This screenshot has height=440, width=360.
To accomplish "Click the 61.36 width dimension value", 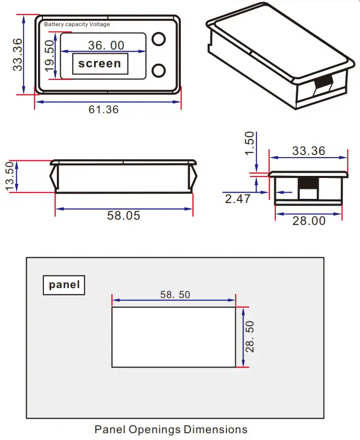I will tap(103, 110).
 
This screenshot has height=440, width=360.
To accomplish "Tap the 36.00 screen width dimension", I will tap(106, 45).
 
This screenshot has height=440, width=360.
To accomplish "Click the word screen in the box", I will tap(99, 64).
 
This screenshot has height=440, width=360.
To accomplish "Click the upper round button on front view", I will tap(159, 39).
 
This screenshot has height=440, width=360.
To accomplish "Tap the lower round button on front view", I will tap(159, 70).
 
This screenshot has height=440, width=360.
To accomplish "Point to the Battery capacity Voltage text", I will tap(77, 25).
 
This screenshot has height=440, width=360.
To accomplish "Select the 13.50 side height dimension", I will tap(10, 176).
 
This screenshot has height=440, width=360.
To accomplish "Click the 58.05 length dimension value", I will tap(124, 216).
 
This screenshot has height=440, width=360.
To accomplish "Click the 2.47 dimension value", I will tap(238, 199).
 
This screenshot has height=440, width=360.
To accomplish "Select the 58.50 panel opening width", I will tap(175, 295).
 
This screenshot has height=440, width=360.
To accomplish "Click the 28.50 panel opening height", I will tap(250, 337).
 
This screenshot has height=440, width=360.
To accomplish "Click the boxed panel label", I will tap(64, 285).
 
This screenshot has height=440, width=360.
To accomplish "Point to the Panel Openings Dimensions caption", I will tap(171, 430).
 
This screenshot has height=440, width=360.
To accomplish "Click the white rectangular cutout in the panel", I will tap(173, 337).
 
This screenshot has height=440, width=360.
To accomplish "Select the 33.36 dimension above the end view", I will tap(308, 151).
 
